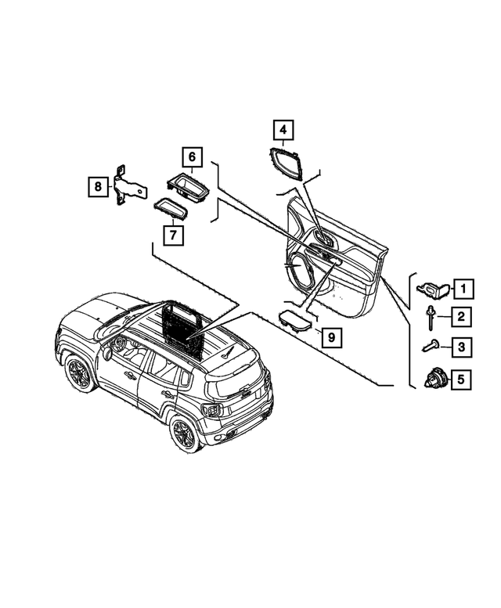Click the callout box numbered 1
463,288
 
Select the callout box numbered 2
460,317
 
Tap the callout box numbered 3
461,347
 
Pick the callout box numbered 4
283,130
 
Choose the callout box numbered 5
460,380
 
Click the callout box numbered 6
193,157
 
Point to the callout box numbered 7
173,235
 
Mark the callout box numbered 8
98,186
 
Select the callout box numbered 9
332,337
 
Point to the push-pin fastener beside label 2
430,318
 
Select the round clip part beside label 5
436,379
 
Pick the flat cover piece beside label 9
295,320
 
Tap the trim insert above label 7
171,208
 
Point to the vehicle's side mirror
107,352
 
